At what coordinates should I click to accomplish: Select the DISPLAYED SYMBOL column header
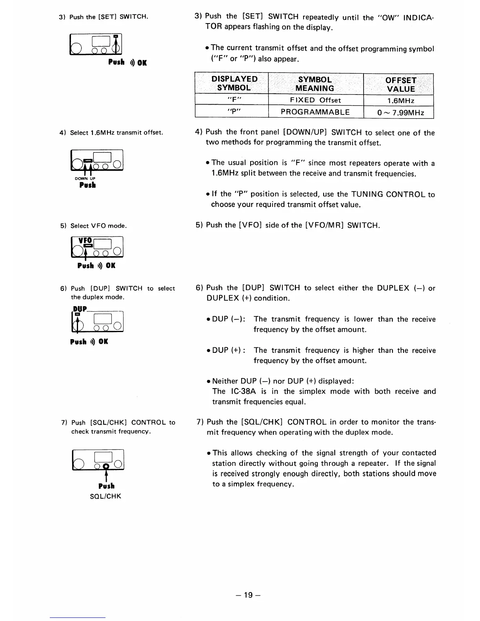234,84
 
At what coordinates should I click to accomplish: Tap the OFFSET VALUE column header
400,84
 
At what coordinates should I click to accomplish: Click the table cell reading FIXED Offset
316,100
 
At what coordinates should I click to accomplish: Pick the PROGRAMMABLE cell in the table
315,112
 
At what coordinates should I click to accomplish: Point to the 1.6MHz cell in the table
400,101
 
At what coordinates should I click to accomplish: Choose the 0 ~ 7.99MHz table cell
400,113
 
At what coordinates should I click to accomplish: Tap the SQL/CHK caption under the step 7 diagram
107,496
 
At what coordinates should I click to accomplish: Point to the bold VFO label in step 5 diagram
85,240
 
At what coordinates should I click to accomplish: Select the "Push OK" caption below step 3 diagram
127,62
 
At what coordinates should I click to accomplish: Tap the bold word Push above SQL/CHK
106,486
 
